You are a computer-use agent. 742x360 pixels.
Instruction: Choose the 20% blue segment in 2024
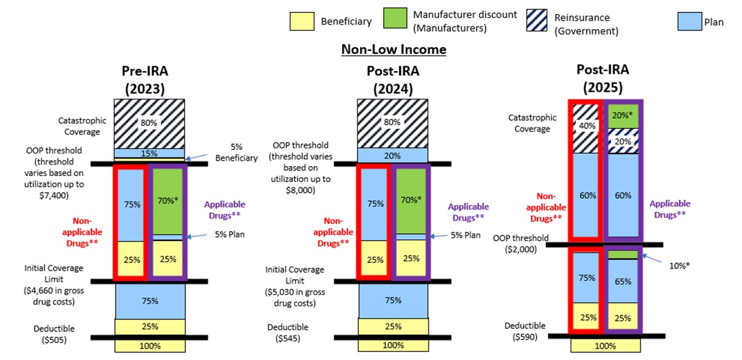(393, 155)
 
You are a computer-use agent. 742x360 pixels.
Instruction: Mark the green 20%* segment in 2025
(622, 114)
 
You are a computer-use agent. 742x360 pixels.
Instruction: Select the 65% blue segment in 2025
(622, 281)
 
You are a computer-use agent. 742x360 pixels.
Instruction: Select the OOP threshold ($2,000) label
(520, 244)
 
